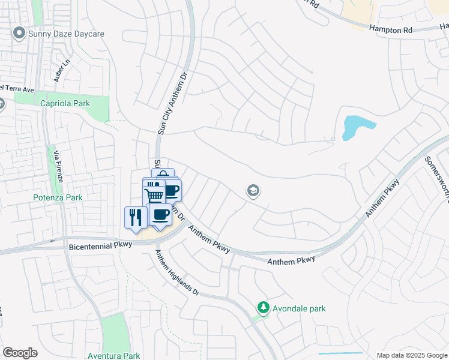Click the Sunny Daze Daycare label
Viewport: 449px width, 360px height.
click(x=66, y=34)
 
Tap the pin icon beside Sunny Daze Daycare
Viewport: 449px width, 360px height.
click(x=19, y=34)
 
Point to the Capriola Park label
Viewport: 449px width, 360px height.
click(x=65, y=103)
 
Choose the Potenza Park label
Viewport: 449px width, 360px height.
click(x=57, y=197)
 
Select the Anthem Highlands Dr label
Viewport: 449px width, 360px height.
click(x=176, y=272)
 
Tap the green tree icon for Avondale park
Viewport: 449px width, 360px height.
click(x=262, y=308)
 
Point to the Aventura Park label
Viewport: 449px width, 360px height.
click(x=114, y=356)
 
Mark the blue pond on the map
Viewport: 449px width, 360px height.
click(x=355, y=127)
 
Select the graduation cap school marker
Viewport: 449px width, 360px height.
click(x=253, y=191)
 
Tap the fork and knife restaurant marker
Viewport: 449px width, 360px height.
click(x=134, y=216)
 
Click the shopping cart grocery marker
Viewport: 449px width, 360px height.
click(x=154, y=194)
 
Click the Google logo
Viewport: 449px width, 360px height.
click(x=20, y=353)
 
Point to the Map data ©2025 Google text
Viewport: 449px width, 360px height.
click(x=411, y=355)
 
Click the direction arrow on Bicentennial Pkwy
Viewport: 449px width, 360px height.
click(x=53, y=241)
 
